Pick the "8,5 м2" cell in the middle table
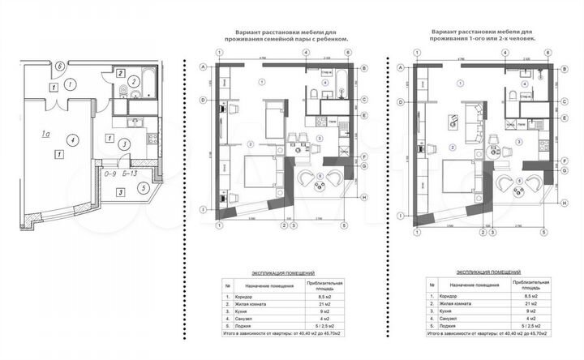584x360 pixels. point(324,298)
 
